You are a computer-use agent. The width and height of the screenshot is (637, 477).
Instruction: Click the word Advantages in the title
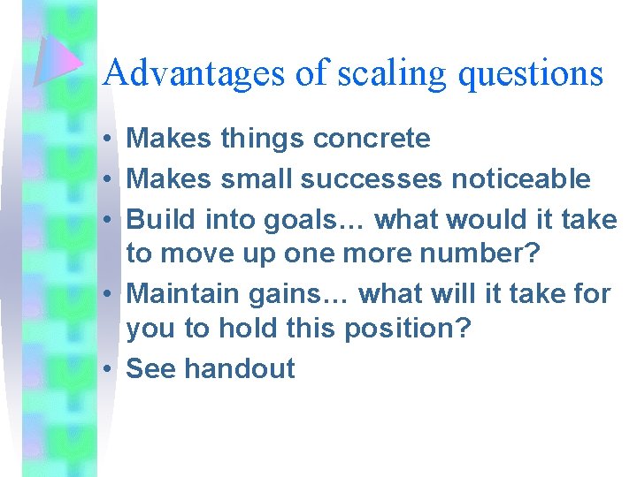click(x=195, y=72)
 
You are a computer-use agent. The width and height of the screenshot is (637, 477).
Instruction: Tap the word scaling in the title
click(x=390, y=72)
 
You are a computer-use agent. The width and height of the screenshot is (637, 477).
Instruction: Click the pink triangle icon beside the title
click(x=58, y=62)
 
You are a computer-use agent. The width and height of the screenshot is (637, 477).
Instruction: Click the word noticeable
click(x=521, y=178)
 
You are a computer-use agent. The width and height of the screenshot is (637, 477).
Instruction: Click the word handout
click(x=240, y=368)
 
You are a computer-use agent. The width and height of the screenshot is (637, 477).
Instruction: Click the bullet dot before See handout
click(x=105, y=369)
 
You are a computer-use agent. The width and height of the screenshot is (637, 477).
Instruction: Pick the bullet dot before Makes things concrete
click(x=105, y=140)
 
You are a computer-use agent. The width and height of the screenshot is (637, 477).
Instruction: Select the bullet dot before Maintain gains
click(x=105, y=293)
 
